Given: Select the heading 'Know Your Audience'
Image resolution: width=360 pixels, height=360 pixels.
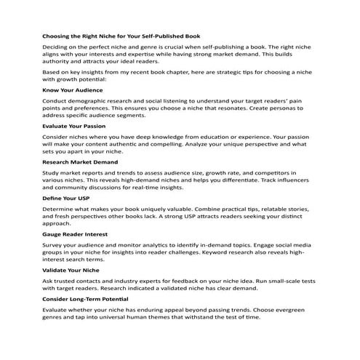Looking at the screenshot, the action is point(73,89).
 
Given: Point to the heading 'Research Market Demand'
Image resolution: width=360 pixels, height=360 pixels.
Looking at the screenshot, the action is point(80,161).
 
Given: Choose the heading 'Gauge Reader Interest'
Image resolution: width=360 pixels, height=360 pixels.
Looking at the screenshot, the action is point(75,234).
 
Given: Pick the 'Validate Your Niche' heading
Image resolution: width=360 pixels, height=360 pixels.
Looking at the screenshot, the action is point(71,270).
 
